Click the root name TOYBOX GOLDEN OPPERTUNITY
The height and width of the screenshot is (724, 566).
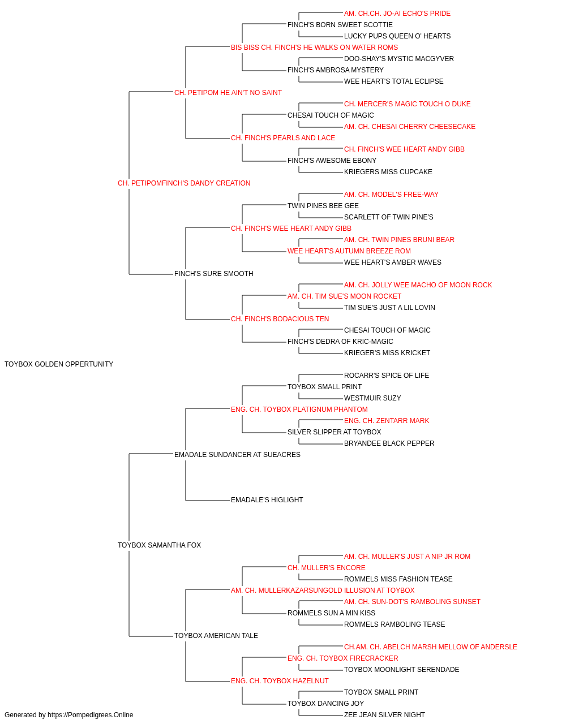point(59,364)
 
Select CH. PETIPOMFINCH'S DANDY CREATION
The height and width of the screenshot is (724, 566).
point(184,183)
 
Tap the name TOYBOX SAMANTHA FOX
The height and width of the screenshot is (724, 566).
point(160,545)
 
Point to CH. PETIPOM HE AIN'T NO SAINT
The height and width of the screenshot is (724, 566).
point(228,93)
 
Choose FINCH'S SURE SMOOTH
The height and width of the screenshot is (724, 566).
point(214,274)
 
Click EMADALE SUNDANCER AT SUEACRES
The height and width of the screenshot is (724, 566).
point(237,454)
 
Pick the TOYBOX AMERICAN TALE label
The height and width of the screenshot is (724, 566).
point(216,636)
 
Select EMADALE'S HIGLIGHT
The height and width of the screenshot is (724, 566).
point(267,500)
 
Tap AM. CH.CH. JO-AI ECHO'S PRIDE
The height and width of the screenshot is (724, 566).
point(397,14)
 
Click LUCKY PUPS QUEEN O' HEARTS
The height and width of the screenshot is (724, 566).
point(397,36)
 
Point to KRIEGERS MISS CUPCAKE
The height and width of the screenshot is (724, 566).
point(388,172)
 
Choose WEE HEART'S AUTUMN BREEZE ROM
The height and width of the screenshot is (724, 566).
point(349,251)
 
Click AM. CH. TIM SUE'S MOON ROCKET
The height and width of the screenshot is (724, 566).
point(344,296)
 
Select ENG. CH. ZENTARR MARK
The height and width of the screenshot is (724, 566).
point(387,421)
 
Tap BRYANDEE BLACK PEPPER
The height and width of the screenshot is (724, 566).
point(389,443)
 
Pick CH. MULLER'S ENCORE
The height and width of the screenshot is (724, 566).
point(327,568)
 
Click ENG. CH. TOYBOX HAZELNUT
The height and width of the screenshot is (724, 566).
point(280,681)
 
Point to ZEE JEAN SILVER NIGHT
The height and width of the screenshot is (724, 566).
point(384,715)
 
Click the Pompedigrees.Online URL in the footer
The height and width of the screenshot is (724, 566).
point(91,715)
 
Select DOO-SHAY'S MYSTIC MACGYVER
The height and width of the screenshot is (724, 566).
point(399,59)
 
